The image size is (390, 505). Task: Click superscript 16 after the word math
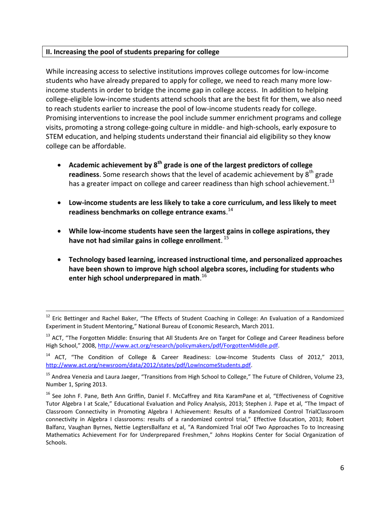pyautogui.click(x=204, y=276)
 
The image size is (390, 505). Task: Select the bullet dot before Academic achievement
pyautogui.click(x=60, y=165)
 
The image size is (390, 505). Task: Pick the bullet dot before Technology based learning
pyautogui.click(x=60, y=260)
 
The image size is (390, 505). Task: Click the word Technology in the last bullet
pyautogui.click(x=87, y=260)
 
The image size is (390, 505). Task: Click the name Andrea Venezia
pyautogui.click(x=73, y=375)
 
